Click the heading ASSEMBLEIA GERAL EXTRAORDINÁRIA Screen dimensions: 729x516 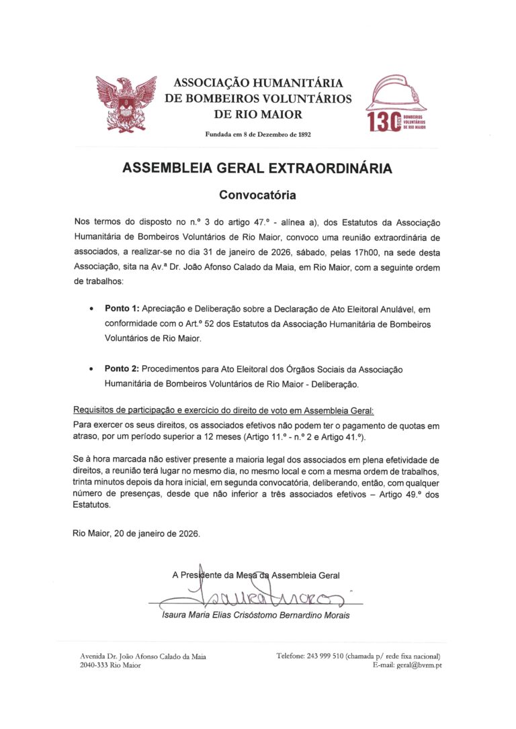[257, 168]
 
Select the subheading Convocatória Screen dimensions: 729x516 [257, 195]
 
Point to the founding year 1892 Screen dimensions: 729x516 [300, 134]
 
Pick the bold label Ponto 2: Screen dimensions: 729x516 [122, 370]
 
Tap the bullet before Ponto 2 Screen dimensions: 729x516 [91, 370]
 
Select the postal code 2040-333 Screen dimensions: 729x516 [94, 665]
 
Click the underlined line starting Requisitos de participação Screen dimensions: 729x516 [222, 410]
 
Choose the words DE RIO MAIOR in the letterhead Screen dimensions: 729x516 [258, 115]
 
